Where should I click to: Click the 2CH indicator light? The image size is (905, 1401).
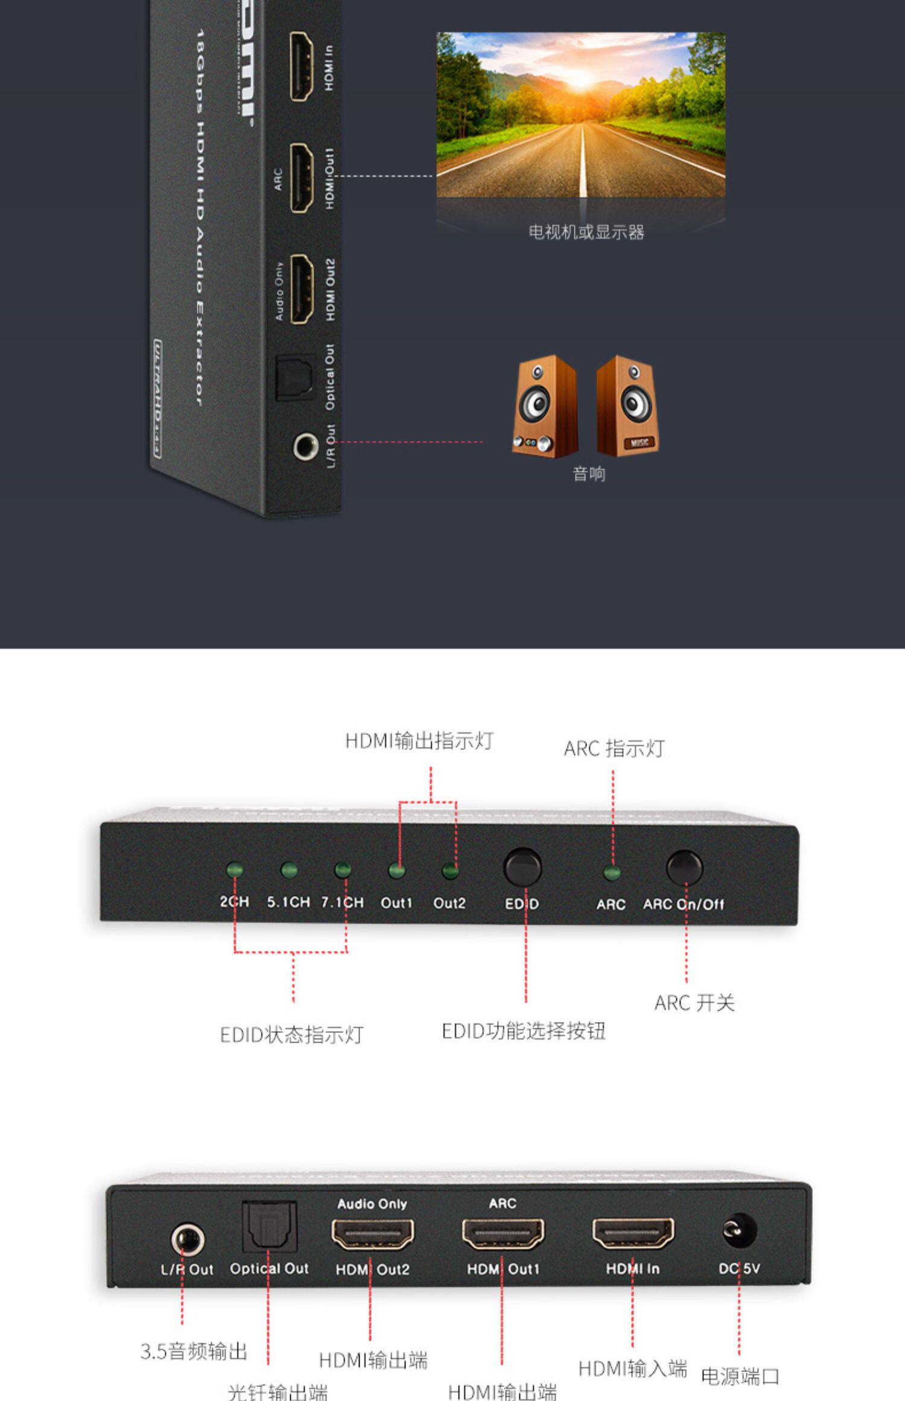pos(234,869)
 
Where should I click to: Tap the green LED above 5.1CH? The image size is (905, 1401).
pos(289,869)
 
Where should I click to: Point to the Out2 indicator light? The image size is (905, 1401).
pos(450,870)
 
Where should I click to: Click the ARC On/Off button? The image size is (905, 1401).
pos(684,868)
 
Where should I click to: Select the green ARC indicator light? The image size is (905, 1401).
pos(612,872)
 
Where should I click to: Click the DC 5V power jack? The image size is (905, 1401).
pos(739,1230)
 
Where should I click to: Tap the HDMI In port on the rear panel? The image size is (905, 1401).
pos(633,1233)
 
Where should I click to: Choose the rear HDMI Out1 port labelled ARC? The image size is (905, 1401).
pos(503,1233)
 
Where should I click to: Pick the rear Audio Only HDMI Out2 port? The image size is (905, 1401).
pos(372,1233)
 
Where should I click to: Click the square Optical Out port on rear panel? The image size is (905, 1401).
pos(269,1225)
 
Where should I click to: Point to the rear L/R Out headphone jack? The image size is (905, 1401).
pos(187,1239)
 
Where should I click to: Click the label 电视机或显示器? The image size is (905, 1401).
pos(586,232)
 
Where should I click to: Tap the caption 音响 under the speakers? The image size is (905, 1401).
pos(589,474)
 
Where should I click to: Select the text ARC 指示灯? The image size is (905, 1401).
pos(614,748)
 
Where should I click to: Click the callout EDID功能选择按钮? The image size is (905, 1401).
pos(523,1031)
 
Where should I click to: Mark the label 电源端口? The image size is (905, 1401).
pos(740,1376)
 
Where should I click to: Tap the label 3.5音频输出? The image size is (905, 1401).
pos(194,1351)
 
